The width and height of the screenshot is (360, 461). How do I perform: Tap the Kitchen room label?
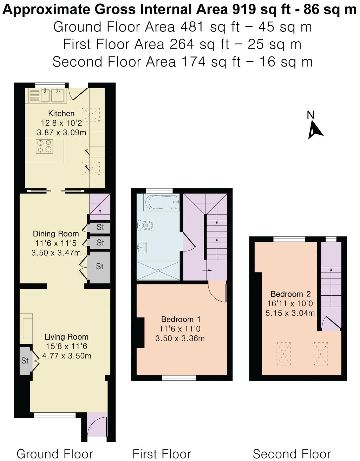[x=61, y=113]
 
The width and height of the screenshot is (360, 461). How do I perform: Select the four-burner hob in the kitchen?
[x=44, y=146]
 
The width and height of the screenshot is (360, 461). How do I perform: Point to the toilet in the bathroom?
[x=145, y=225]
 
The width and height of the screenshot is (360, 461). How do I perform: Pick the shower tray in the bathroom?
[x=158, y=271]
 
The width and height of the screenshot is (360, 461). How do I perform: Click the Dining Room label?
[x=56, y=234]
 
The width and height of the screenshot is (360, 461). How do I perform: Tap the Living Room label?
[x=67, y=337]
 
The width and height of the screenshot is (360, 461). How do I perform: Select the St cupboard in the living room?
[x=26, y=360]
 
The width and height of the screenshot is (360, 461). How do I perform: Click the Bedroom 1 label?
[x=181, y=319]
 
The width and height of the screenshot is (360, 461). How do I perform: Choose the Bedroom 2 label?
[x=291, y=294]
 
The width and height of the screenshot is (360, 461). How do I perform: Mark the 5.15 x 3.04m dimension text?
[x=290, y=313]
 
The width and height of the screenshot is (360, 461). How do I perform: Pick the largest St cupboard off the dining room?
[x=99, y=267]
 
